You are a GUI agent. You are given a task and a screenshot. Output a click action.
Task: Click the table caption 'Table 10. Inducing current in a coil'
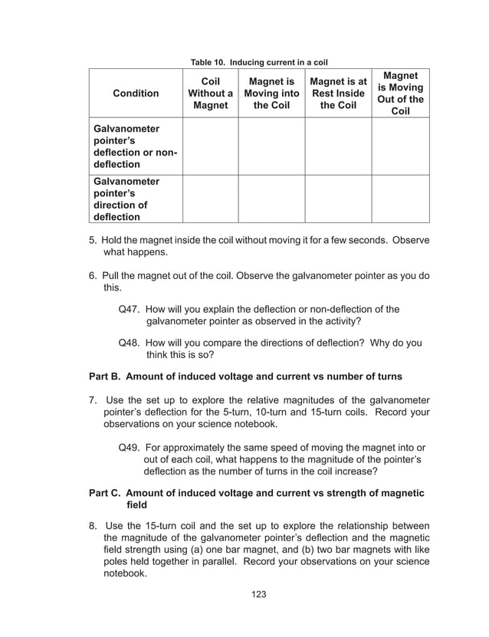[253, 61]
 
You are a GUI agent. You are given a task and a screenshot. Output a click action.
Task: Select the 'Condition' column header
[136, 94]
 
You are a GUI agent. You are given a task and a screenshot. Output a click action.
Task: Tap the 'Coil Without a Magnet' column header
[210, 94]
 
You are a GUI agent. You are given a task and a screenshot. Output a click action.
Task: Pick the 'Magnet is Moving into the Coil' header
[271, 94]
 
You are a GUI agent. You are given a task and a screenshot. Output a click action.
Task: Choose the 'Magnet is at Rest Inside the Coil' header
[338, 94]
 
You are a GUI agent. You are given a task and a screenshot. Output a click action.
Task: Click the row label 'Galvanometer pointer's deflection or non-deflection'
[135, 146]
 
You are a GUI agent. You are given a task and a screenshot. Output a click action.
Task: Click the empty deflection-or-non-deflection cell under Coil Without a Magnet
[210, 146]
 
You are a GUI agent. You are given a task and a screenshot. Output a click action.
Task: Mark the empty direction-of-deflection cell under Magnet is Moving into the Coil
[271, 199]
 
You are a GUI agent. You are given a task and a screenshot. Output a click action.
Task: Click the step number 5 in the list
[93, 240]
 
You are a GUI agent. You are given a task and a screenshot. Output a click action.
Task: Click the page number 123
[259, 594]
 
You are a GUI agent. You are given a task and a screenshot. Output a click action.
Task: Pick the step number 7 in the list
[93, 399]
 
